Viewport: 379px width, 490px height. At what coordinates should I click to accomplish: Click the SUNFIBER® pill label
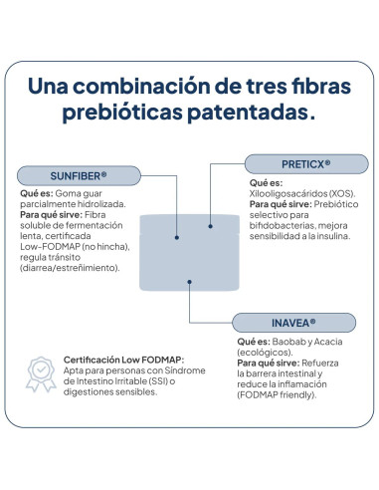click(x=79, y=175)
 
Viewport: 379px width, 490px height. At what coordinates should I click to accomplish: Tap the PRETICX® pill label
click(x=306, y=164)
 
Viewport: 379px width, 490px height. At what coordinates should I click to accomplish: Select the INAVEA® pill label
click(x=293, y=323)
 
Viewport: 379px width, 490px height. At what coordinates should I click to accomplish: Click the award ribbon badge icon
click(x=41, y=374)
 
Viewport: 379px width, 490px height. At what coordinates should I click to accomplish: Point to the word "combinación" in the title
click(x=141, y=86)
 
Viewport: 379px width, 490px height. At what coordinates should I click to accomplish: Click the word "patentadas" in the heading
click(x=248, y=113)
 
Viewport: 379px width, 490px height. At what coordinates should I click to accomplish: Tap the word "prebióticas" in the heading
click(x=122, y=113)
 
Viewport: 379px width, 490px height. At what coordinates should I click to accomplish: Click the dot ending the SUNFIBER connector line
click(x=177, y=237)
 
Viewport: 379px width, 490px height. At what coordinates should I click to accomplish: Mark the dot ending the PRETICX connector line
click(x=210, y=226)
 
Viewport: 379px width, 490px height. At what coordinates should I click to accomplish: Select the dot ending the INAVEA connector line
click(x=189, y=282)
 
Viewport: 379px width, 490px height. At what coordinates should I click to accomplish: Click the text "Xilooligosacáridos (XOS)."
click(x=302, y=193)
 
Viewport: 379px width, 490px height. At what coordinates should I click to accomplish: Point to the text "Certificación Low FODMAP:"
click(x=123, y=360)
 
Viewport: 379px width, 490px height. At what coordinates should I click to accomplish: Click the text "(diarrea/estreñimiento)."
click(x=70, y=268)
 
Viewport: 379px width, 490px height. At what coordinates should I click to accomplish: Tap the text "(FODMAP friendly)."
click(x=277, y=394)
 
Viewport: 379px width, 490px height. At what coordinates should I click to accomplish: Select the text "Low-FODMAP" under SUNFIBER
click(x=50, y=246)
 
